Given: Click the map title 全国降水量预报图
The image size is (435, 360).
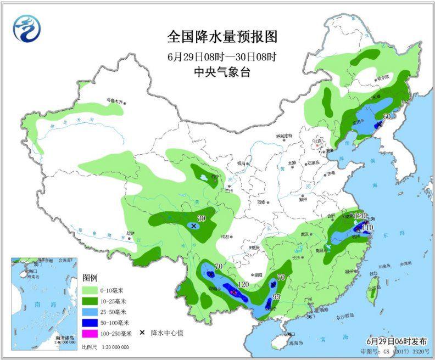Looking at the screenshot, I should (x=222, y=37).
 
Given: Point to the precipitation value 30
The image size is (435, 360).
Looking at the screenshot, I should (x=201, y=218).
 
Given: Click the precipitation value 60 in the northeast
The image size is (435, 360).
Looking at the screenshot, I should (x=387, y=116).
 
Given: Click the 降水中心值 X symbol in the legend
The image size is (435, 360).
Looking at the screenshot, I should (x=142, y=333).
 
